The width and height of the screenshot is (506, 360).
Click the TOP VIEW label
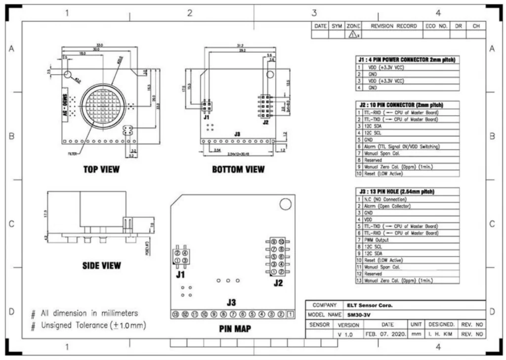click(x=101, y=170)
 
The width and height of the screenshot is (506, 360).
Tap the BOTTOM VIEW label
click(x=238, y=170)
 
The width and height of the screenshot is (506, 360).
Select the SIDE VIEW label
click(x=101, y=266)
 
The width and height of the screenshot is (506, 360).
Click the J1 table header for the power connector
click(x=408, y=59)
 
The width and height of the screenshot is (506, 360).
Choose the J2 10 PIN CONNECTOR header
click(x=408, y=105)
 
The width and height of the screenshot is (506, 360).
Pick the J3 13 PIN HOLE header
click(x=408, y=191)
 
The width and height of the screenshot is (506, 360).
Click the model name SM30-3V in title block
click(x=359, y=315)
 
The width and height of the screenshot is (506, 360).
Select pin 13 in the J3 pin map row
click(x=175, y=315)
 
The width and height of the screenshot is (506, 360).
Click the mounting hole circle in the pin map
click(x=285, y=204)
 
